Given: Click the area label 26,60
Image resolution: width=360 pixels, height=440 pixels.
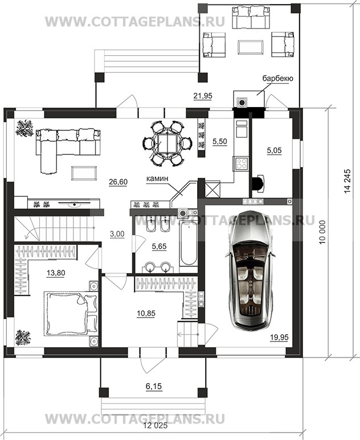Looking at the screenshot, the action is click(x=118, y=182).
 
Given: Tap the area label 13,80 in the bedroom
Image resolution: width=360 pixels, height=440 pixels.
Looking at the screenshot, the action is click(x=56, y=273).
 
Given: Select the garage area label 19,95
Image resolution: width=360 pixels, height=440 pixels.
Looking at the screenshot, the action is click(x=279, y=337).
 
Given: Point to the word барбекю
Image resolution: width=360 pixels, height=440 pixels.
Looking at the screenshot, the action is click(x=278, y=79).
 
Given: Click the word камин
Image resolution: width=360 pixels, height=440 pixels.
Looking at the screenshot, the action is click(x=157, y=178).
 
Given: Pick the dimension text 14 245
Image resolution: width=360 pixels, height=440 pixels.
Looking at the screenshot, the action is click(x=347, y=181).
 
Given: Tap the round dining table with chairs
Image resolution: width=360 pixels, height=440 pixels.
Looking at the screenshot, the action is click(x=167, y=143).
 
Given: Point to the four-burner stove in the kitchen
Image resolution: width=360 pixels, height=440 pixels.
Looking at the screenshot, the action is click(x=241, y=163).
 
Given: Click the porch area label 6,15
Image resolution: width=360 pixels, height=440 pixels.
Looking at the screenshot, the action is click(x=154, y=386).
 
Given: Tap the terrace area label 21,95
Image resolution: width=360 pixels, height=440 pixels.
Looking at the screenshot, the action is click(x=203, y=96).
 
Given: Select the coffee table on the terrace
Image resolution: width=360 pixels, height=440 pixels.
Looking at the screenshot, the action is click(x=251, y=47).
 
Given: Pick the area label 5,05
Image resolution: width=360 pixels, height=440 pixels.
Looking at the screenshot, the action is click(x=274, y=151).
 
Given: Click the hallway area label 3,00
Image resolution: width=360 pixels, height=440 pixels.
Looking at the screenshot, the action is click(x=117, y=234).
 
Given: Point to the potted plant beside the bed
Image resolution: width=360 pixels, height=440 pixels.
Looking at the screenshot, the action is click(x=23, y=338).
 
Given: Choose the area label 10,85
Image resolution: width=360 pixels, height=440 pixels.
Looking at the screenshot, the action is click(x=146, y=313).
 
